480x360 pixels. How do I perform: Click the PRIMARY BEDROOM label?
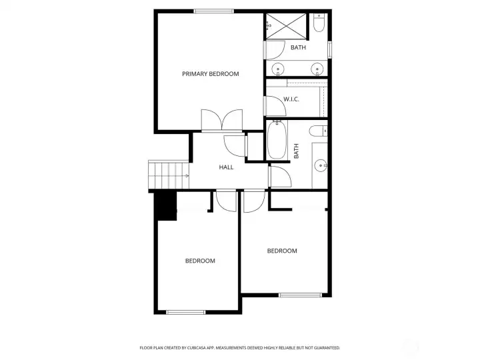pyautogui.click(x=210, y=74)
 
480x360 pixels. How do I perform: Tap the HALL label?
pyautogui.click(x=226, y=167)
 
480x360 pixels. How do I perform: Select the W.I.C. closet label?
pyautogui.click(x=291, y=99)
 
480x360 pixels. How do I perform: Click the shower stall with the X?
pyautogui.click(x=286, y=26)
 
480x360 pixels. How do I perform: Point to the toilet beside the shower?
pyautogui.click(x=319, y=23)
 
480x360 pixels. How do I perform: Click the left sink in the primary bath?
pyautogui.click(x=278, y=68)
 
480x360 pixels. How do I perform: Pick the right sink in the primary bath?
pyautogui.click(x=317, y=68)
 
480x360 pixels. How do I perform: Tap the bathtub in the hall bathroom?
pyautogui.click(x=277, y=139)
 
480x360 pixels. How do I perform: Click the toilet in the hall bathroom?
pyautogui.click(x=318, y=131)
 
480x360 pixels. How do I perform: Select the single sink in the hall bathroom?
pyautogui.click(x=321, y=165)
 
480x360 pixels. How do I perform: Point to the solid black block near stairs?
pyautogui.click(x=166, y=205)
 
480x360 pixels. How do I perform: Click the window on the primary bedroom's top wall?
pyautogui.click(x=214, y=11)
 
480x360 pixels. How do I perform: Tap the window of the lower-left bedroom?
pyautogui.click(x=186, y=312)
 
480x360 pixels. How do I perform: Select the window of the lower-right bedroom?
pyautogui.click(x=300, y=295)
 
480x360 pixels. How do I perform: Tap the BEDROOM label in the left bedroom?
pyautogui.click(x=200, y=261)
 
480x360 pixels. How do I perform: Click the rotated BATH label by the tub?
pyautogui.click(x=296, y=151)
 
